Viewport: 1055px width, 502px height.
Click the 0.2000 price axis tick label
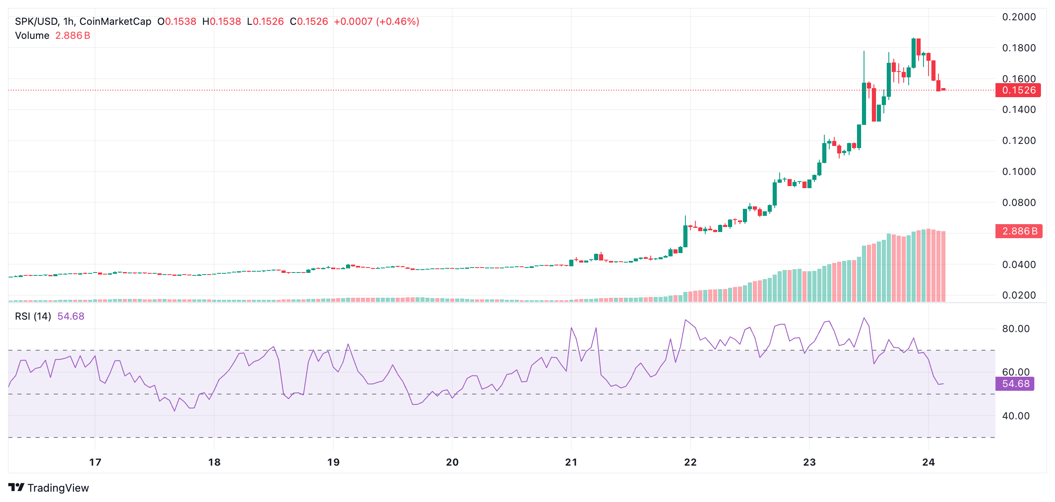tap(1019, 17)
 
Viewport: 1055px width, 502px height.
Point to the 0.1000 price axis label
tap(1019, 172)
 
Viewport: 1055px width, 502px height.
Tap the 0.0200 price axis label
tap(1019, 295)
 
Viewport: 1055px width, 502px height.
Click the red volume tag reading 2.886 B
tap(1019, 231)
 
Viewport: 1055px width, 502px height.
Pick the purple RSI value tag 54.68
tap(1015, 384)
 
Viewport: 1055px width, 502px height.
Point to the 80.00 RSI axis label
tap(1015, 329)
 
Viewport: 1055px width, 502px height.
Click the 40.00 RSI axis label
tap(1015, 416)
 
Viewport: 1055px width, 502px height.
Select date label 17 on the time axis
tap(95, 462)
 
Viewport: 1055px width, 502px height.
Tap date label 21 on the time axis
tap(571, 462)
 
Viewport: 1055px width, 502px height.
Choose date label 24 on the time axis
tap(928, 462)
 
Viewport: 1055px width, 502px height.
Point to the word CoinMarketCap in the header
tap(115, 22)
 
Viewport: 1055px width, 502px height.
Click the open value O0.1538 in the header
tap(177, 22)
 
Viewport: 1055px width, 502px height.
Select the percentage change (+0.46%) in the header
tap(397, 22)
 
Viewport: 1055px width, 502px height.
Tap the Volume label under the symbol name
tap(32, 36)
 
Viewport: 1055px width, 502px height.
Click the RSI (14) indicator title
tap(33, 316)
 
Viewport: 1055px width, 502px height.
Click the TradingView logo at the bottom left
tap(49, 488)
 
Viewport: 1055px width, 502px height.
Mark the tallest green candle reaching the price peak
tap(913, 53)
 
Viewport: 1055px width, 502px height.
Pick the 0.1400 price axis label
tap(1019, 110)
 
